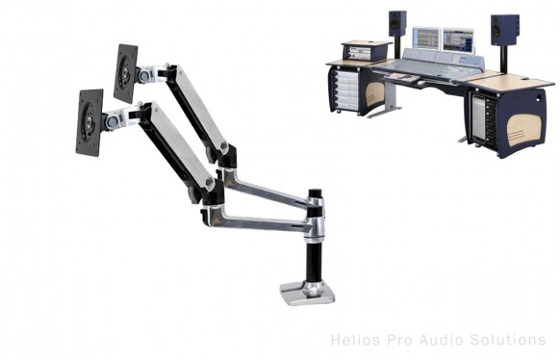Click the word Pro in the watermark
395,340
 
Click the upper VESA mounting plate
125,72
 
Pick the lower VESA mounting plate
89,121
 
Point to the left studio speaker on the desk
397,23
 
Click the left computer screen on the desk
425,38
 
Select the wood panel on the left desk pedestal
375,94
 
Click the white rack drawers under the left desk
348,95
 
